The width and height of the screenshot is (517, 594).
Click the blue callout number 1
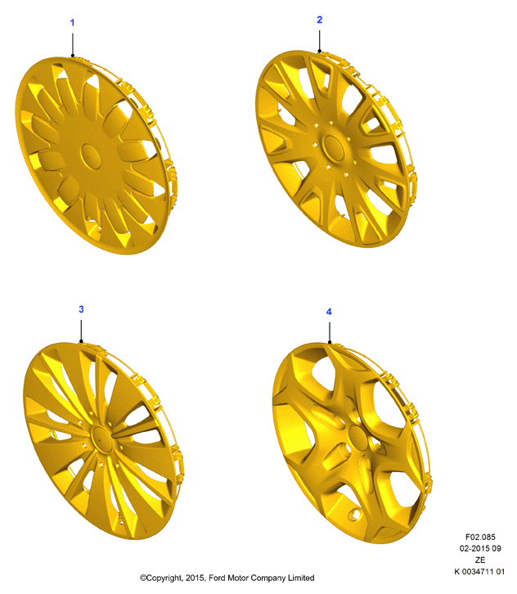(72, 23)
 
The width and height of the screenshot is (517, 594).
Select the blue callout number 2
(319, 20)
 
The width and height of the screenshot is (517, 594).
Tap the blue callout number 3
(81, 309)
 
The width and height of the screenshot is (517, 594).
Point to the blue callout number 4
(329, 312)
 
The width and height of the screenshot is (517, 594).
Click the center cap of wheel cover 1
(91, 156)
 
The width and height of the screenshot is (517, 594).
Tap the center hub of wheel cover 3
(101, 439)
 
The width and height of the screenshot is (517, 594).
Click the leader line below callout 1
(72, 45)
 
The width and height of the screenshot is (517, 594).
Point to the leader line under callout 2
(319, 41)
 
